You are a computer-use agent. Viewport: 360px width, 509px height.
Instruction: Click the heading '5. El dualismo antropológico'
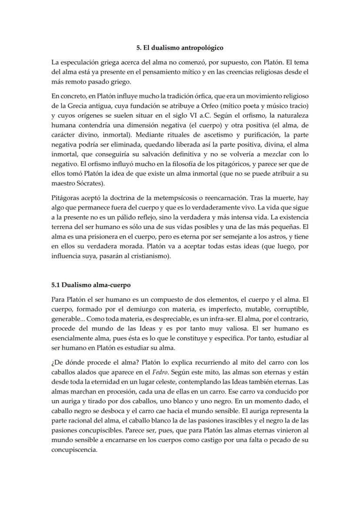[x=180, y=48]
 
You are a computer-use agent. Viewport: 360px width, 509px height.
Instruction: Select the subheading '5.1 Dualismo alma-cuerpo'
[x=91, y=285]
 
